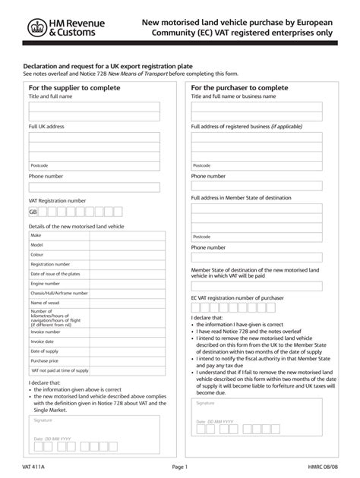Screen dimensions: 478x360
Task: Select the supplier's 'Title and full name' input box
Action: pos(94,112)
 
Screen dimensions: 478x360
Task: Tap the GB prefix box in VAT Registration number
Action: pos(33,213)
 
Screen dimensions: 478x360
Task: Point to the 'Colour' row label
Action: pos(38,255)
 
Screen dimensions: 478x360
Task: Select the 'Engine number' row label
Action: pos(45,282)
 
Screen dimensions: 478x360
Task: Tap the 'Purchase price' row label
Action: pos(45,360)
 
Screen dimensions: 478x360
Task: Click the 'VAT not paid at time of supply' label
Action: pos(59,370)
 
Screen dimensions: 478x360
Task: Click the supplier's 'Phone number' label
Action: pos(46,176)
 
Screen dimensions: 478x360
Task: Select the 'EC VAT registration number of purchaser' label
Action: pos(237,298)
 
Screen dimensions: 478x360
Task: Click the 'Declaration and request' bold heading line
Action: pos(106,66)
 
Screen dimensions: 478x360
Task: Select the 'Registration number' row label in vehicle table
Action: pos(50,264)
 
